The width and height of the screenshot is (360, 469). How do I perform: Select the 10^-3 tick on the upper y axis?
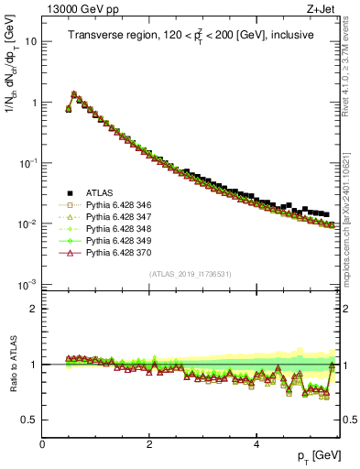(27, 285)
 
